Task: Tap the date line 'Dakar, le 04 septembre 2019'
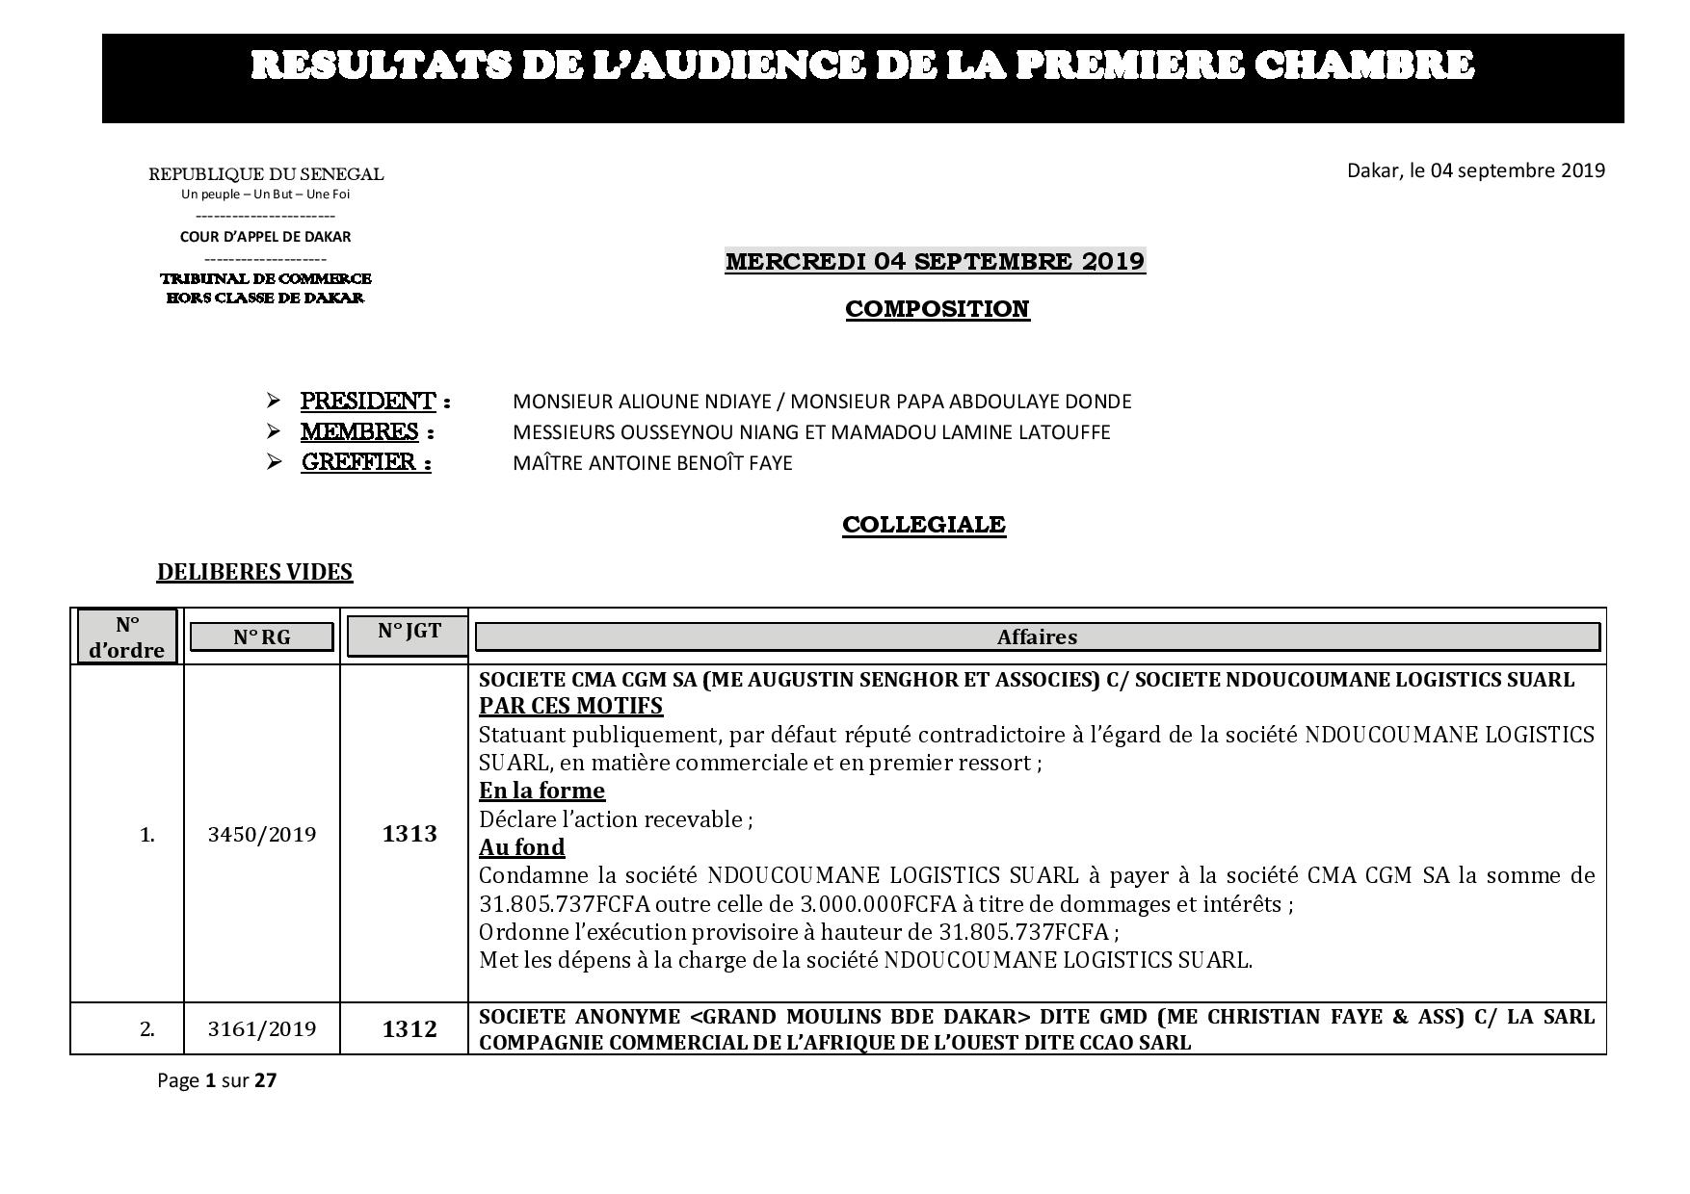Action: coord(1475,170)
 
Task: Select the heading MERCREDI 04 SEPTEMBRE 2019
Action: coord(935,261)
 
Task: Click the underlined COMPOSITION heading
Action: coord(937,309)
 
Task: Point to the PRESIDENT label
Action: coord(368,401)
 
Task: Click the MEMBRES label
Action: coord(359,431)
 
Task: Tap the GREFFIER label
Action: coord(365,462)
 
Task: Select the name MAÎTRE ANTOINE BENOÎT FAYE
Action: coord(652,463)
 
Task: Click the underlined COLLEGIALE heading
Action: coord(923,525)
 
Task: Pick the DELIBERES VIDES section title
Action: coord(254,572)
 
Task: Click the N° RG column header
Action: coord(261,637)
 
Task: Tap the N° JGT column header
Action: coord(409,632)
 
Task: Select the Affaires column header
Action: coord(1037,637)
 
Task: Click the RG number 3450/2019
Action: coord(261,834)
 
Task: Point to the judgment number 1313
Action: coord(409,834)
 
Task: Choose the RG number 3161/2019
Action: coord(261,1029)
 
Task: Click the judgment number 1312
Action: coord(409,1029)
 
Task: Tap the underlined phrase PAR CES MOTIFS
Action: coord(570,706)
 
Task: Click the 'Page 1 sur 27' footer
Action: coord(217,1080)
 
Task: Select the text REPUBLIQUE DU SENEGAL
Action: coord(266,174)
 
